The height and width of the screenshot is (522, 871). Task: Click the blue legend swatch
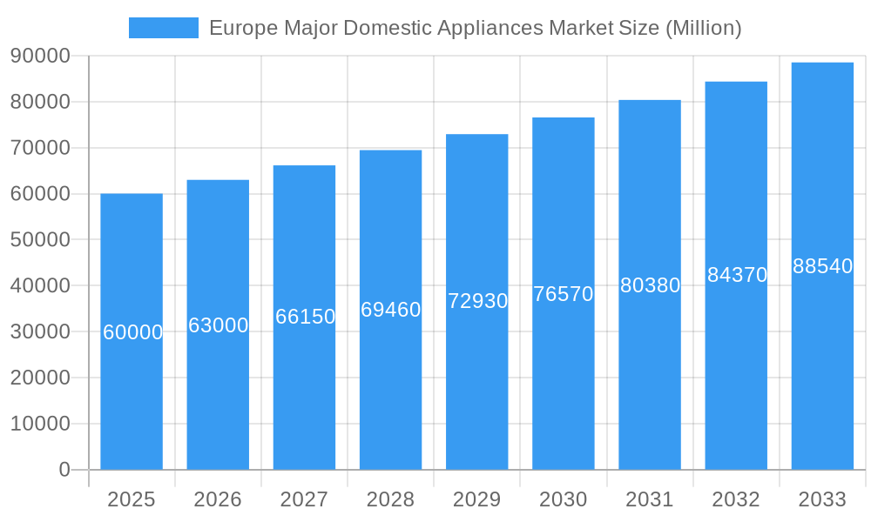pos(163,28)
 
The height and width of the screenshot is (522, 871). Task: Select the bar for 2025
pos(132,391)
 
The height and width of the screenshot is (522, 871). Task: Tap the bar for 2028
pos(390,391)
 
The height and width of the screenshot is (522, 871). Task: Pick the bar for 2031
pos(650,391)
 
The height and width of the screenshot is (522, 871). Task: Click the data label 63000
pos(218,325)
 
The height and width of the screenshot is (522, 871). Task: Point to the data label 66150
pos(305,317)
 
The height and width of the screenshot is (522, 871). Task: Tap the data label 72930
pos(477,301)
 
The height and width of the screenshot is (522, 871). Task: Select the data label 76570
pos(564,294)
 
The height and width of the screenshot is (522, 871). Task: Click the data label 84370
pos(737,275)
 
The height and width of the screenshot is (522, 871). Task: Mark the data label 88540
pos(822,266)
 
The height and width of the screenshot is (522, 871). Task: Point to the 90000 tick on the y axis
pos(40,56)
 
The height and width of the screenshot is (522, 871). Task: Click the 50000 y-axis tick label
pos(40,239)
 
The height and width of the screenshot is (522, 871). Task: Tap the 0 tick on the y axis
pos(64,470)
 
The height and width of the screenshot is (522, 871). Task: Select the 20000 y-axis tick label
pos(40,378)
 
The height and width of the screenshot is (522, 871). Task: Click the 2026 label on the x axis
pos(218,499)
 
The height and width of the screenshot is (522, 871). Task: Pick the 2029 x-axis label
pos(477,499)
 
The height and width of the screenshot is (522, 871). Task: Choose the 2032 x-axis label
pos(736,499)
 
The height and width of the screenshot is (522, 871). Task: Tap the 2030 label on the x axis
pos(564,499)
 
